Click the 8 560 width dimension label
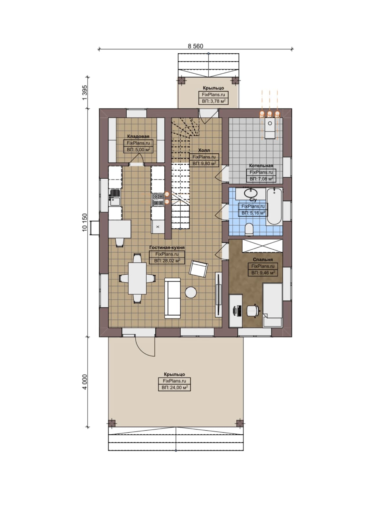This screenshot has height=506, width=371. (x=195, y=46)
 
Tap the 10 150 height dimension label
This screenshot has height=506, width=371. (x=85, y=222)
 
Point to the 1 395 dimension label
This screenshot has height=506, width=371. (x=85, y=93)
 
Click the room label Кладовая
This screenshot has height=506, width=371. (x=138, y=136)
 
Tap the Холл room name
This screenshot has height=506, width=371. (x=204, y=150)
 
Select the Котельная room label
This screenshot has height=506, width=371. (x=261, y=166)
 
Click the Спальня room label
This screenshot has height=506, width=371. (x=263, y=260)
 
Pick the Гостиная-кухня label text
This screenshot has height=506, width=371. (x=167, y=248)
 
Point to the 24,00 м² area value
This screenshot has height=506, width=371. (x=179, y=387)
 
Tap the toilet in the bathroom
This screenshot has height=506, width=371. (x=249, y=229)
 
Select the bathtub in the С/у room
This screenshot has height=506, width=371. (x=274, y=206)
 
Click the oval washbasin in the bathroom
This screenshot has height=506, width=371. (x=250, y=192)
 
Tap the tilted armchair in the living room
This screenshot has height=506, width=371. (x=199, y=269)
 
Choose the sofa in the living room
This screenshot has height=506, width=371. (x=172, y=298)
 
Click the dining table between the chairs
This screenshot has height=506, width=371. (x=138, y=278)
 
